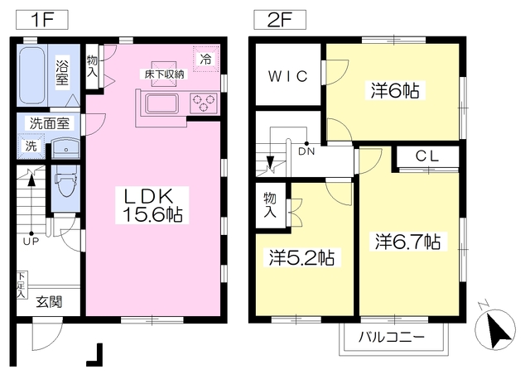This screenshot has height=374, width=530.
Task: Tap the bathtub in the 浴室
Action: coord(34,73)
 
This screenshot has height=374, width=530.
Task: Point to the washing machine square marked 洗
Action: coord(31,146)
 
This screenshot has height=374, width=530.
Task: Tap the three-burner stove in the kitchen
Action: coord(203,103)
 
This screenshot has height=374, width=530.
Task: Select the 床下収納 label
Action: coord(165,74)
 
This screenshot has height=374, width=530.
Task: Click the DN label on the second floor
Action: coord(306,151)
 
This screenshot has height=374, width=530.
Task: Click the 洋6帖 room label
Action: coord(393,91)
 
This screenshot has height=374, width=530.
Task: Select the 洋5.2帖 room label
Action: coord(301,258)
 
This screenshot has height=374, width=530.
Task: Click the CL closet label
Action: coord(426,156)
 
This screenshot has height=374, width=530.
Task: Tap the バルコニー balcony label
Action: coord(392,338)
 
